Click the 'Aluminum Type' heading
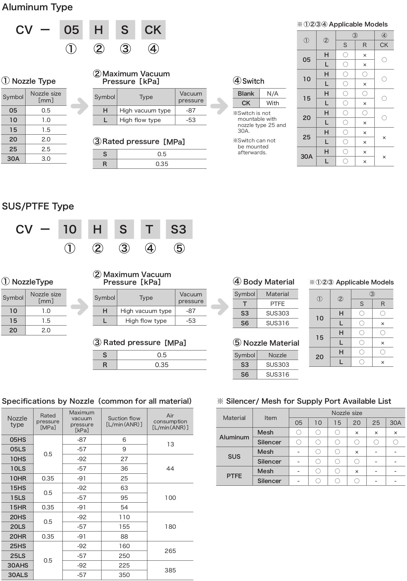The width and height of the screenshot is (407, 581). coord(37,7)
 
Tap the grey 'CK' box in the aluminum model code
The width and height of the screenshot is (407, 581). coord(153,30)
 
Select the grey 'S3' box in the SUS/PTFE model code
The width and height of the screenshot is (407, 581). coord(179,229)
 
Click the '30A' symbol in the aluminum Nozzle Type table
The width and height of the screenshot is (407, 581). coord(13,159)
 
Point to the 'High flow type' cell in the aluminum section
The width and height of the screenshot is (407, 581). coord(140,120)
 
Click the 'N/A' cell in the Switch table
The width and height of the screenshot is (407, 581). coord(272,93)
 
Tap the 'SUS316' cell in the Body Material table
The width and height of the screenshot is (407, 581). coord(277,323)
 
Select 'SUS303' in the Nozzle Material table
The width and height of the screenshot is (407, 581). coord(277,365)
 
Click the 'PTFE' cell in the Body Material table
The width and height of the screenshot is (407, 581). coord(277,304)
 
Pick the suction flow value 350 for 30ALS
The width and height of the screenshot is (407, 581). coord(124,575)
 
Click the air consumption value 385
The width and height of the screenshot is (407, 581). coord(170,570)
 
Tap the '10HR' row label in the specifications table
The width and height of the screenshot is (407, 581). coord(18,478)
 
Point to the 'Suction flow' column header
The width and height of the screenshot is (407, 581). coord(124,421)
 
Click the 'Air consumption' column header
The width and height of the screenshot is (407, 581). coord(170,421)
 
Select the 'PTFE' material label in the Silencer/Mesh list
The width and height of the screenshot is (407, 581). coord(234,476)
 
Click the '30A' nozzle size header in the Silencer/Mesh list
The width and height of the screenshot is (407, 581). coord(395,423)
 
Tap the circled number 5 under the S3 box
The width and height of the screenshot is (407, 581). coord(179,248)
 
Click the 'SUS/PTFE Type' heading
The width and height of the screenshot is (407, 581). coord(38,206)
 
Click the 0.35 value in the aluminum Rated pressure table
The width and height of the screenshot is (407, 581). coord(162,164)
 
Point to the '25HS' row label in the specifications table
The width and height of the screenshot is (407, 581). coord(18,546)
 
